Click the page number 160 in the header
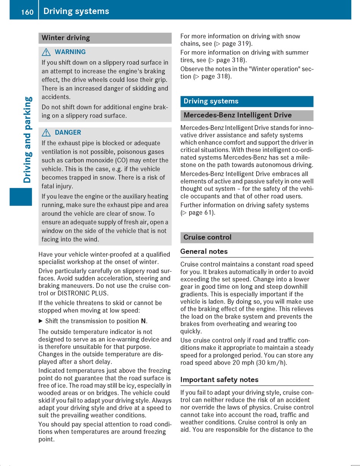click(x=27, y=12)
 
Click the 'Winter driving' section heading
click(x=66, y=38)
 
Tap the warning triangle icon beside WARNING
click(x=46, y=52)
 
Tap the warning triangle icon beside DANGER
click(x=46, y=133)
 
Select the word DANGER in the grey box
click(x=68, y=133)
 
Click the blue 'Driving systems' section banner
click(x=247, y=101)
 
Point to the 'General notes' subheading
click(x=204, y=251)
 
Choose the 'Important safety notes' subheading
click(x=219, y=380)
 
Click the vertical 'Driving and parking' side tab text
click(x=28, y=140)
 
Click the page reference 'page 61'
click(x=201, y=213)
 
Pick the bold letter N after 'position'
click(x=143, y=321)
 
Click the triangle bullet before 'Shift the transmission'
click(x=41, y=321)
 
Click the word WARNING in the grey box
click(x=70, y=52)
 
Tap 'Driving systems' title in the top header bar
click(x=76, y=11)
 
